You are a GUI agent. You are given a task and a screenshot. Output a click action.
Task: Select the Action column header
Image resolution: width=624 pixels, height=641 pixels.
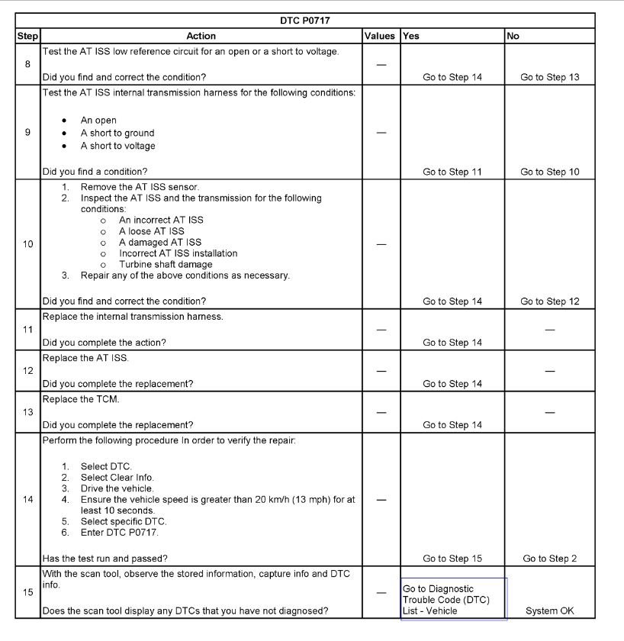(201, 36)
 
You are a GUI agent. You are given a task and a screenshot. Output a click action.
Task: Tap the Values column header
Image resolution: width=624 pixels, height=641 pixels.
(380, 36)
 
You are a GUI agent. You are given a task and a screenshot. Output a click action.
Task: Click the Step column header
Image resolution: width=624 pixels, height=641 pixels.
(27, 36)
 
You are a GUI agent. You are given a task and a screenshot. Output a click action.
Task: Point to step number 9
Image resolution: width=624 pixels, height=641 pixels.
(27, 133)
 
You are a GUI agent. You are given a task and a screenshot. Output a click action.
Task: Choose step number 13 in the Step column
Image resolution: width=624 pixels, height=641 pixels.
(27, 412)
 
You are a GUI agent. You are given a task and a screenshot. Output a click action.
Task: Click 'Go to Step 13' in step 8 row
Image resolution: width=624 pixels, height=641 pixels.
(549, 77)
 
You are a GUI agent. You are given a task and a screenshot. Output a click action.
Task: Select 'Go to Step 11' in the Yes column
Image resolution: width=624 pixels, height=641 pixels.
(452, 172)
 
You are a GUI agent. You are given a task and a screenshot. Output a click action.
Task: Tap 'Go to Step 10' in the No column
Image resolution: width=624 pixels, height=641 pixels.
(549, 172)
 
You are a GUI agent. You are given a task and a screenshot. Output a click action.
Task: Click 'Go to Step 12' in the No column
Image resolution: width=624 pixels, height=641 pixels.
(549, 301)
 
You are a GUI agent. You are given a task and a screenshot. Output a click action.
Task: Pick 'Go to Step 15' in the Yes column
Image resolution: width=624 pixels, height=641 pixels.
(452, 559)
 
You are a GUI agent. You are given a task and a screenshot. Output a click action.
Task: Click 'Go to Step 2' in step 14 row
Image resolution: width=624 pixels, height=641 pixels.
(549, 559)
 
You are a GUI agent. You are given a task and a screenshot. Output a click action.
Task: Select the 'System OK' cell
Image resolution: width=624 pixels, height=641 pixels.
(549, 610)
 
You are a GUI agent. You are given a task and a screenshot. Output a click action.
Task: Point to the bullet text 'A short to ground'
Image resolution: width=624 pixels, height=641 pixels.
(117, 133)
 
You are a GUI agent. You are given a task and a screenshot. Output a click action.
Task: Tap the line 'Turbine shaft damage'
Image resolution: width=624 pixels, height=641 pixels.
(166, 264)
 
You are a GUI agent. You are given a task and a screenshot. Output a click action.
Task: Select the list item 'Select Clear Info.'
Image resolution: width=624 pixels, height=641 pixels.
(117, 478)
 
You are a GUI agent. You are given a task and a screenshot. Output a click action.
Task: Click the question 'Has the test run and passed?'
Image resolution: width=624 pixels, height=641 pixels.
(105, 559)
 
